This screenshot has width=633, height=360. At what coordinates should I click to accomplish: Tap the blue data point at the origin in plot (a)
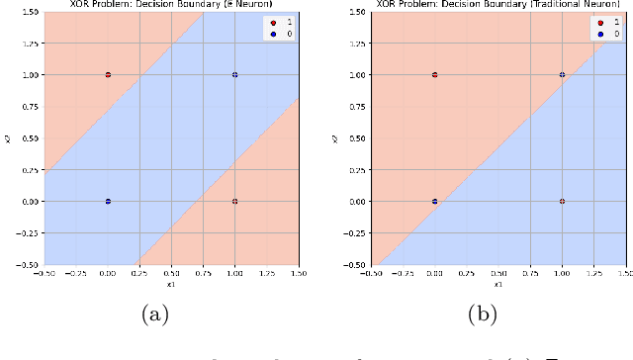pos(108,201)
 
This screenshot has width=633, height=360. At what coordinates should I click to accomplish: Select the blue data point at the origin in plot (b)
pos(435,201)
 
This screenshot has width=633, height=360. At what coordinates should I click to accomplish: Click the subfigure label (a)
pos(155,315)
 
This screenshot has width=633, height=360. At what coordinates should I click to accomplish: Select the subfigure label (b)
pos(483,315)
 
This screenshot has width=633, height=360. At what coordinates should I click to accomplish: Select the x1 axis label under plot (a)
pos(171,285)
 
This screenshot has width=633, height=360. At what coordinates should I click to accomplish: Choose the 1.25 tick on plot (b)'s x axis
pos(593,275)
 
